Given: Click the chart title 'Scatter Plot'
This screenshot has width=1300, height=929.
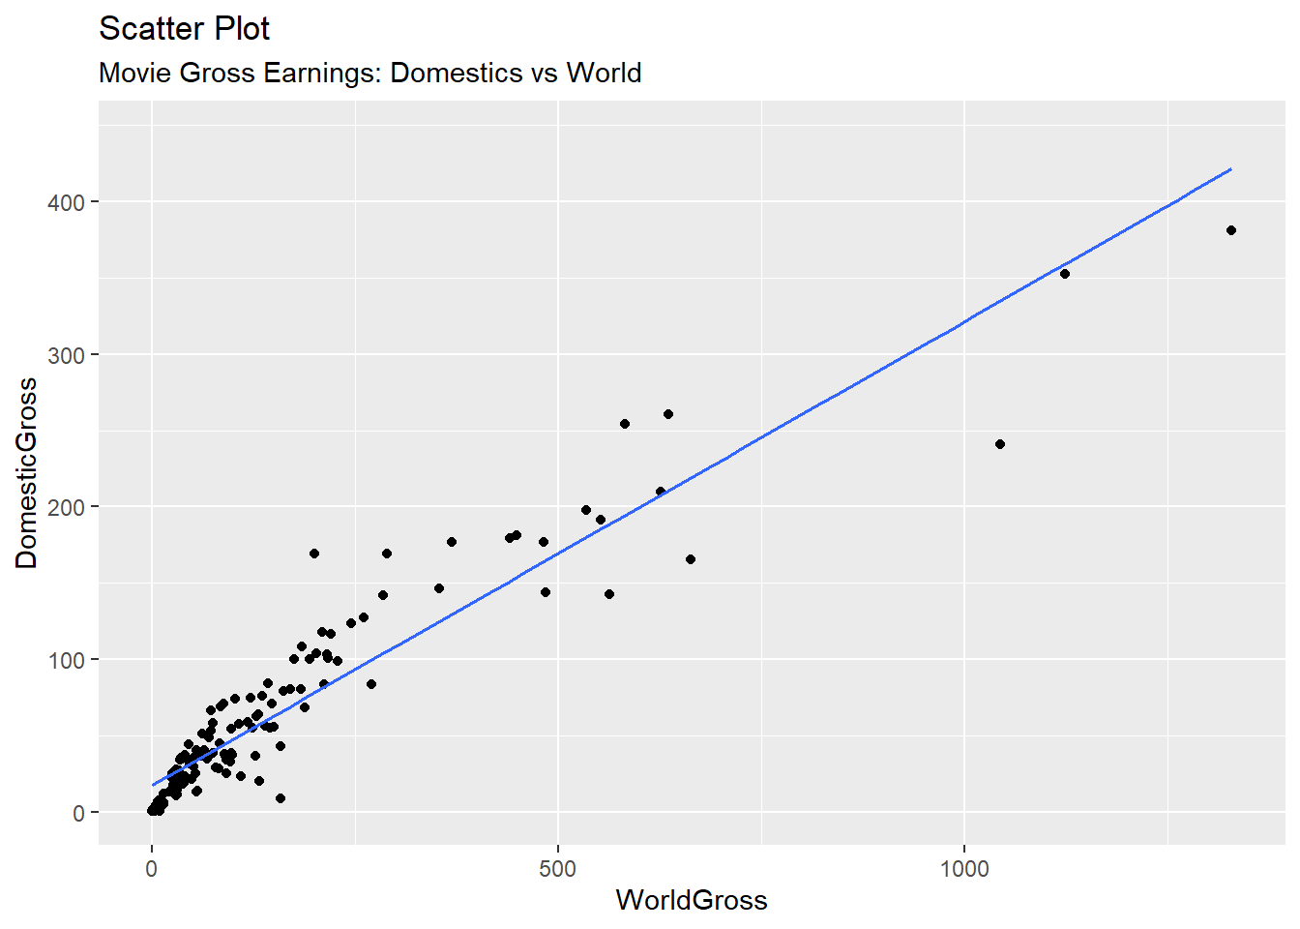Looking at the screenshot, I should (x=184, y=29).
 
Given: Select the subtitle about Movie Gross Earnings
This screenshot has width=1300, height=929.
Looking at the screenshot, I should (x=369, y=73).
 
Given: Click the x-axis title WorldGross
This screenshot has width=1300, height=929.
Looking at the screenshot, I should (x=692, y=900).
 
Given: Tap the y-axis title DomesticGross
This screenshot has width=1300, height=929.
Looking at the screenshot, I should (x=26, y=473).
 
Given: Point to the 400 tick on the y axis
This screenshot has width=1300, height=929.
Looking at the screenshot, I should (x=66, y=202).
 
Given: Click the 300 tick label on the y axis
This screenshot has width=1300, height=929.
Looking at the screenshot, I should (x=66, y=355).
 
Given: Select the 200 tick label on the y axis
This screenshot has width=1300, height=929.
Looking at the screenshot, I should (x=66, y=507).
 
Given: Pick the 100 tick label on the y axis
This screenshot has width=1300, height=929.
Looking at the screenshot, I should (x=66, y=660).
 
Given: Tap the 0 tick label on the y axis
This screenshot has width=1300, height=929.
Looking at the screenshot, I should (x=78, y=813).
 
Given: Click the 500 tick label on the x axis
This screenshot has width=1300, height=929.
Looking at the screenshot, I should (x=558, y=868).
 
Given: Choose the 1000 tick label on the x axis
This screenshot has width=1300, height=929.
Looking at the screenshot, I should (x=964, y=868).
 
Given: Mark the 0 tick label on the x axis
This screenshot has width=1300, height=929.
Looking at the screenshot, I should (x=152, y=868).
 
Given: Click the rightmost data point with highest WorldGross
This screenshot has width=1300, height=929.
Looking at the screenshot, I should (x=1231, y=230).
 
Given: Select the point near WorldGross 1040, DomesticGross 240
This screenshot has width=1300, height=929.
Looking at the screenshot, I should (x=1000, y=444).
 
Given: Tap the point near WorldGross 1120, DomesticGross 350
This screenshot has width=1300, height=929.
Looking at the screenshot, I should (x=1065, y=274).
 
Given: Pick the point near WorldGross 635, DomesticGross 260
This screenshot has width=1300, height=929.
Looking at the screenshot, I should (x=668, y=414).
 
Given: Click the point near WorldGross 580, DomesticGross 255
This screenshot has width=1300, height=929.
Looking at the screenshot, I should (x=625, y=424).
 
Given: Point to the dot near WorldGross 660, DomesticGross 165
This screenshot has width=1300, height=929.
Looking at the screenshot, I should (x=691, y=559).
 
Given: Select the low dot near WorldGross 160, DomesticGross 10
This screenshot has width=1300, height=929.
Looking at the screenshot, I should (x=281, y=798).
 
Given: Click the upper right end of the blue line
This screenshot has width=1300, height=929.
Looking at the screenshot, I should (x=1230, y=169).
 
